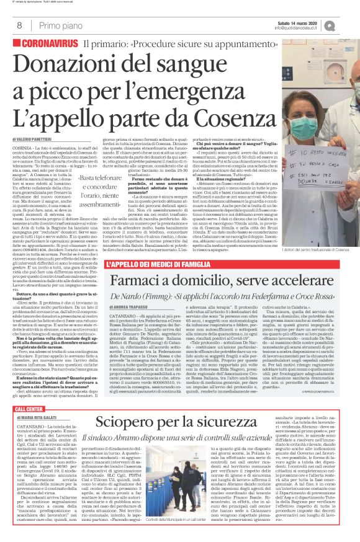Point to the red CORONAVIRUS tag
tap(48, 45)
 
